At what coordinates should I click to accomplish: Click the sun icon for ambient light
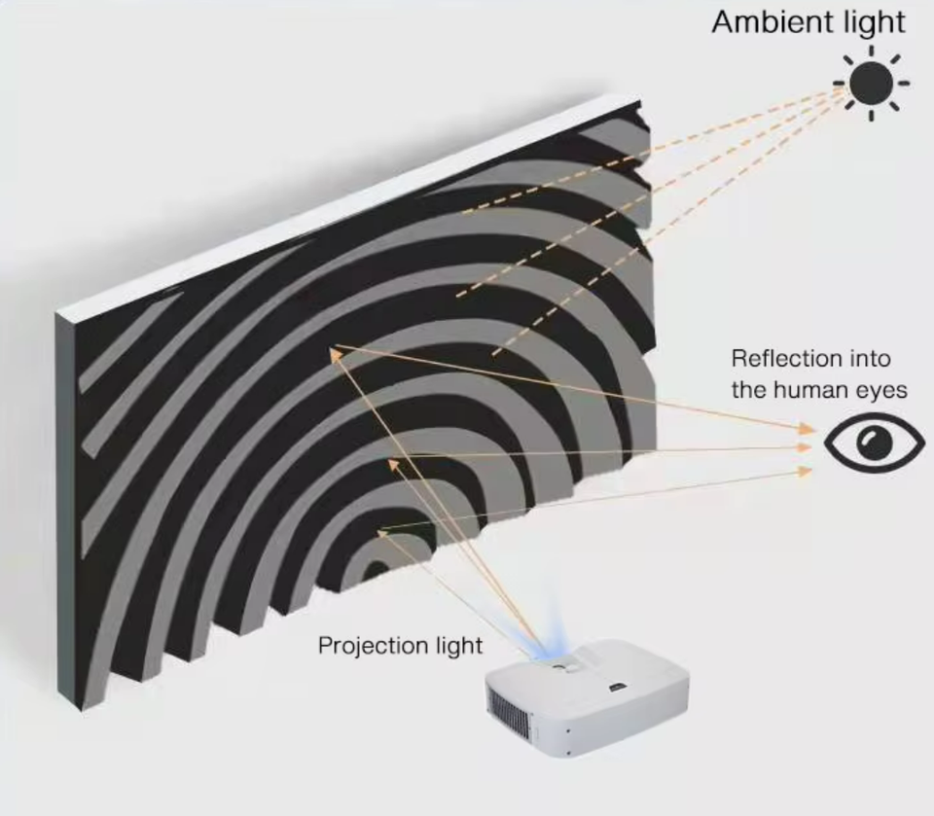coord(871,83)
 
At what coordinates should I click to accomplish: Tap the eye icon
coord(874,443)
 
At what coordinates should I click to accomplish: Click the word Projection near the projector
coord(373,646)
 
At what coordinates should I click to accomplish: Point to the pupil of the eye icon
coord(877,443)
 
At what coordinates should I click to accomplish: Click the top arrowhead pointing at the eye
coord(807,429)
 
